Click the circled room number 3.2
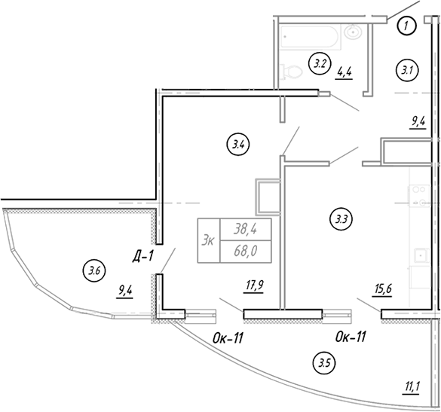point(320,64)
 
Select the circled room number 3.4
point(238,145)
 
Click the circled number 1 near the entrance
point(407,26)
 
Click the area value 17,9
point(254,287)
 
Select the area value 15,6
point(382,289)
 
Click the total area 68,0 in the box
point(246,251)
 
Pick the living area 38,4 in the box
point(245,230)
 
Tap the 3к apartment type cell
point(209,240)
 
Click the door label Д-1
point(143,257)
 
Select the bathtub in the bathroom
point(311,37)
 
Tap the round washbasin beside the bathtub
point(353,32)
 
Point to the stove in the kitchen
point(419,196)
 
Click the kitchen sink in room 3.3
point(422,255)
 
